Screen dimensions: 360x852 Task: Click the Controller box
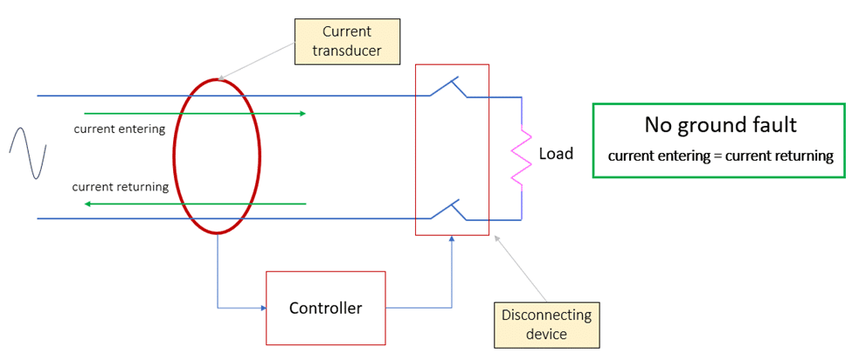[325, 308]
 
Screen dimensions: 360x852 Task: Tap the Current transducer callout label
[346, 42]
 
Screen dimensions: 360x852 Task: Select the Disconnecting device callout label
[546, 324]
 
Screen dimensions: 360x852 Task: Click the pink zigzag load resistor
[521, 158]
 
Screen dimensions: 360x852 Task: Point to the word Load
[556, 154]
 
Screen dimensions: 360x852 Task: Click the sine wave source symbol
[27, 154]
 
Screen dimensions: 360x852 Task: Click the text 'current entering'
[120, 129]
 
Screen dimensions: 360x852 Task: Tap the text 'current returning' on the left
[119, 187]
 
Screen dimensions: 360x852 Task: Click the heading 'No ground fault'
[720, 125]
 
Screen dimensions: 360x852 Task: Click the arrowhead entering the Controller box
[261, 308]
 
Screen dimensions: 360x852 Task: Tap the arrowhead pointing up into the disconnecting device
[452, 239]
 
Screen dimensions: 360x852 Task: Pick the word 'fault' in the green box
[774, 125]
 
